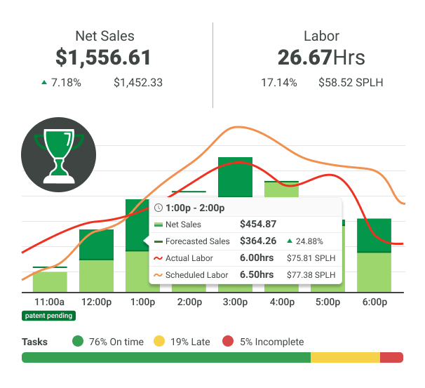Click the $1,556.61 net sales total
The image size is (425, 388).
point(104,57)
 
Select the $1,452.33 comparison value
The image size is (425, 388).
point(138,83)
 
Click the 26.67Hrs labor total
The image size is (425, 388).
point(321,57)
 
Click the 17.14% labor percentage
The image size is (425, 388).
point(279,83)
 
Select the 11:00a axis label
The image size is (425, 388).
point(49,302)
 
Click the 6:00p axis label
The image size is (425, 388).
point(375,302)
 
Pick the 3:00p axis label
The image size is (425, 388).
point(235,302)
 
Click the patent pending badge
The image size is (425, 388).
point(49,316)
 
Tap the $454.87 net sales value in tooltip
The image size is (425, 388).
point(258,225)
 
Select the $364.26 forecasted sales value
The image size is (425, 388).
point(258,241)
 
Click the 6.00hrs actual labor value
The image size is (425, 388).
point(257,258)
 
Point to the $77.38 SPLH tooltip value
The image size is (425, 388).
point(311,275)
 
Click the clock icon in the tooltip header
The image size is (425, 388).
point(158,208)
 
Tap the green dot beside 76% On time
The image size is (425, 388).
point(77,342)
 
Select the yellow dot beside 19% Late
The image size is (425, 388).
point(159,342)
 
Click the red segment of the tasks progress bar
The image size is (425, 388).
point(391,357)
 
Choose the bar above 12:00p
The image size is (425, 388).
point(96,260)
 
